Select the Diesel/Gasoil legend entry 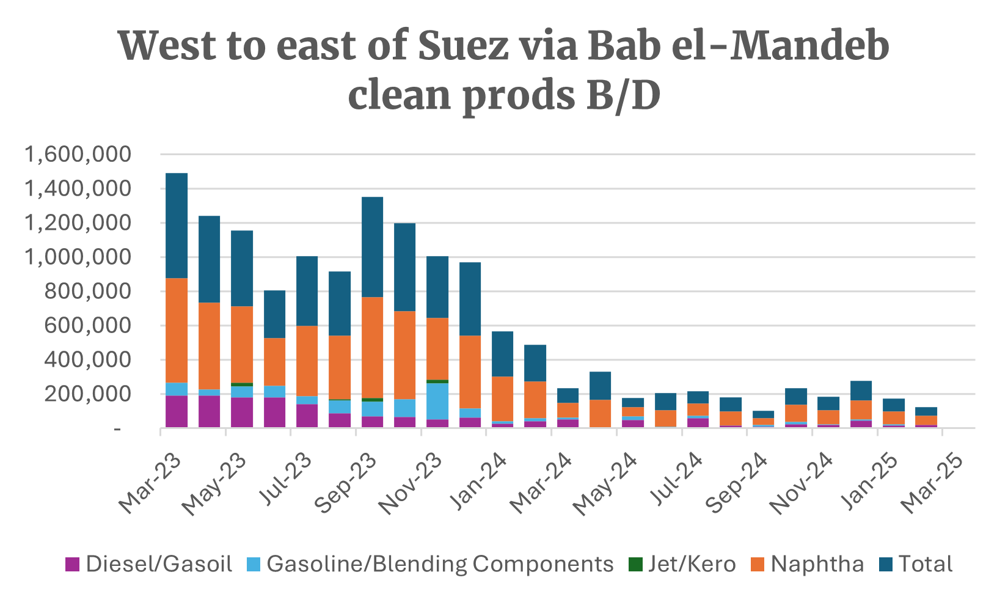tap(149, 564)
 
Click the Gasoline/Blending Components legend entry tap(430, 564)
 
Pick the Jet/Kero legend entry tap(682, 564)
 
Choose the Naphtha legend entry tap(808, 564)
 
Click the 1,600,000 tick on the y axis tap(78, 154)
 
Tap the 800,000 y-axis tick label tap(87, 291)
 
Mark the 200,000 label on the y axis tap(87, 394)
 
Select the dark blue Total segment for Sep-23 tap(373, 247)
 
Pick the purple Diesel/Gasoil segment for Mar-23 tap(177, 411)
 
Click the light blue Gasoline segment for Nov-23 tap(437, 401)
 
